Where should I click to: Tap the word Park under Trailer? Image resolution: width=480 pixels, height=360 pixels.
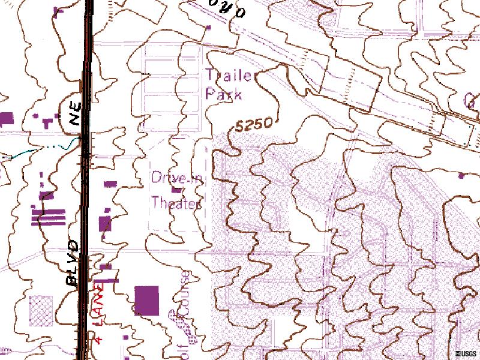223,94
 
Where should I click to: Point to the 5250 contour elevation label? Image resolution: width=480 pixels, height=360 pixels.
254,125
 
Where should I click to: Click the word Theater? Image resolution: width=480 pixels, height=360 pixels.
175,203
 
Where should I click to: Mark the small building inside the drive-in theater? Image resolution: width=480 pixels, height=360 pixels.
176,191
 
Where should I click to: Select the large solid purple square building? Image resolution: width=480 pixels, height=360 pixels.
147,300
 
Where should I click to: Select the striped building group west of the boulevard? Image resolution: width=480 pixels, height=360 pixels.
48,217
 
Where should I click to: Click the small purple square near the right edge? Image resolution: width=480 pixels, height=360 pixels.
461,176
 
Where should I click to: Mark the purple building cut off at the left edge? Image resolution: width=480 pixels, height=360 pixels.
5,118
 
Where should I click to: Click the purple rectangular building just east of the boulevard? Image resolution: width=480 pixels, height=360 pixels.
105,224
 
